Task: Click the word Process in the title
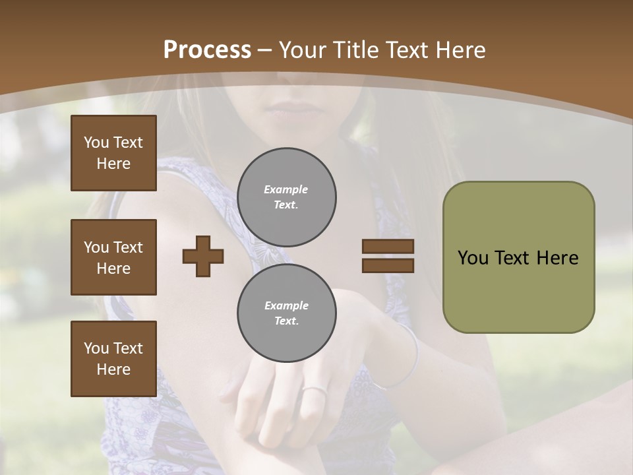tap(207, 49)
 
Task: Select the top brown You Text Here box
tap(113, 153)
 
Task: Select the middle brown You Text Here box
tap(113, 257)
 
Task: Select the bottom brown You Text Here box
tap(113, 358)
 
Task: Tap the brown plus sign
tap(202, 256)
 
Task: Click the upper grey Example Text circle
tap(286, 197)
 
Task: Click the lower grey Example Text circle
tap(286, 313)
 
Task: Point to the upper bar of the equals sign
tap(388, 246)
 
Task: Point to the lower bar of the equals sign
tap(388, 266)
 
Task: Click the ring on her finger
tap(314, 391)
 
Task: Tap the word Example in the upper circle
tap(286, 189)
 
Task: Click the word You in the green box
tap(472, 258)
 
